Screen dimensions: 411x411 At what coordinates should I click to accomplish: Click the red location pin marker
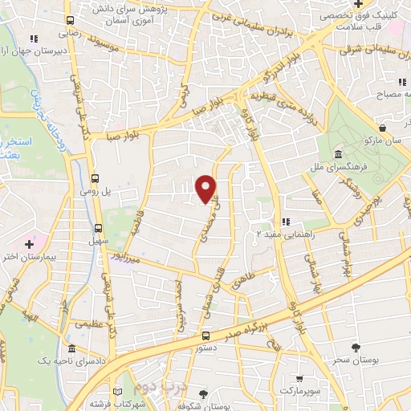(x=206, y=188)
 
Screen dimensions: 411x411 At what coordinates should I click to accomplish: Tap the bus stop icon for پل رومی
(x=96, y=178)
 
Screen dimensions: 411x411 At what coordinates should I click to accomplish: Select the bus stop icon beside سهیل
(x=99, y=227)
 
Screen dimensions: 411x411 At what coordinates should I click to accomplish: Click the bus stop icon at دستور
(x=205, y=336)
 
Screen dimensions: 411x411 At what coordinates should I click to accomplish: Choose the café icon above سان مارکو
(x=383, y=127)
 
